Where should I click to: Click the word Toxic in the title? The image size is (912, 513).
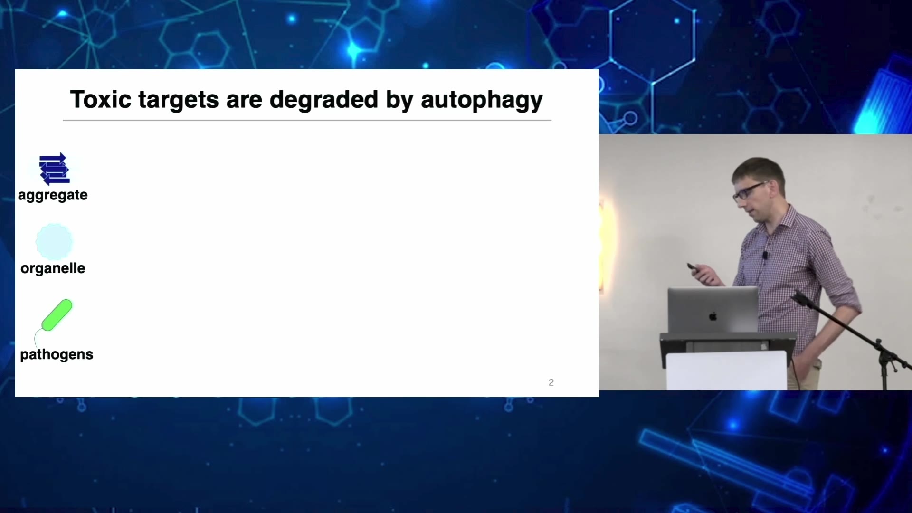(101, 100)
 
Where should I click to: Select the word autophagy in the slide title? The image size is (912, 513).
(482, 101)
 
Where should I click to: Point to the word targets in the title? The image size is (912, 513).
(179, 101)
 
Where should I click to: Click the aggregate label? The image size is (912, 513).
(53, 195)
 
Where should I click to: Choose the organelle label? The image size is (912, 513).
(53, 268)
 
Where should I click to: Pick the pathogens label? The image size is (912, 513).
(57, 355)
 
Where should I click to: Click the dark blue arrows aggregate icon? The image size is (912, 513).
(54, 169)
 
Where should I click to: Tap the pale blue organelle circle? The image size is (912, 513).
(54, 242)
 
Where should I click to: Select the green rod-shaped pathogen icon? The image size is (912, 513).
(57, 314)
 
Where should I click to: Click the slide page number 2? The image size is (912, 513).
(551, 382)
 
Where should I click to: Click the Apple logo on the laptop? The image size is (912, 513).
(713, 316)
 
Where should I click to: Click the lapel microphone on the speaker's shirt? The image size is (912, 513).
(765, 255)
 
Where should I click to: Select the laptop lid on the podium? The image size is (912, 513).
(713, 310)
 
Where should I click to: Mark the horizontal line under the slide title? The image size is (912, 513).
(307, 121)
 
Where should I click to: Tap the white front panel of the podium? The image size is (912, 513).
(726, 371)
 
